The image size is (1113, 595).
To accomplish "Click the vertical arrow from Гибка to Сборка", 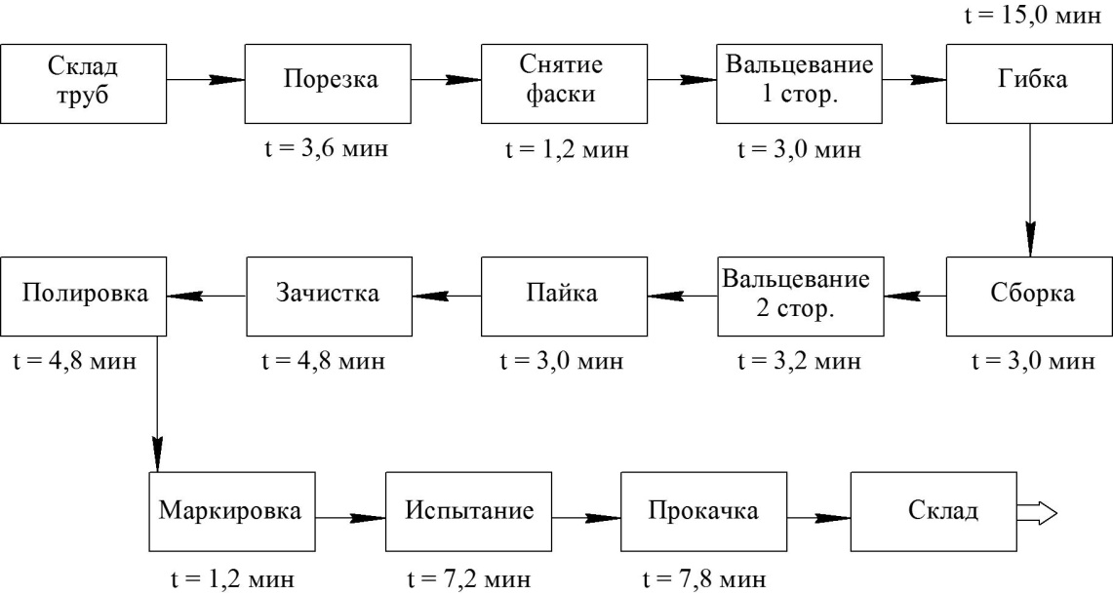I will (x=1030, y=191).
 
